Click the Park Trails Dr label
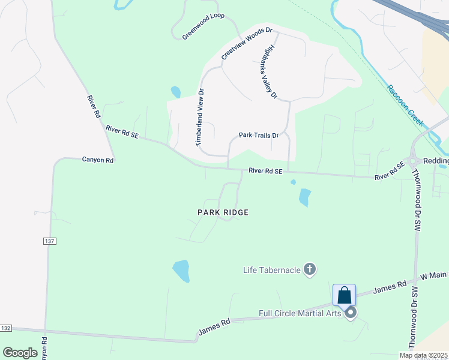click(259, 136)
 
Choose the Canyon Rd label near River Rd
click(98, 160)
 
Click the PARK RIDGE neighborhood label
click(223, 212)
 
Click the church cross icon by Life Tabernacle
click(310, 269)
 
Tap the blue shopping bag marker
click(344, 295)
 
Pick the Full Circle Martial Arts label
click(300, 313)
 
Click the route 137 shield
click(50, 241)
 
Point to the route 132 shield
click(5, 328)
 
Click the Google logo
click(20, 353)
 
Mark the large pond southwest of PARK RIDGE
click(181, 271)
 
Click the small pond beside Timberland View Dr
click(176, 92)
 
